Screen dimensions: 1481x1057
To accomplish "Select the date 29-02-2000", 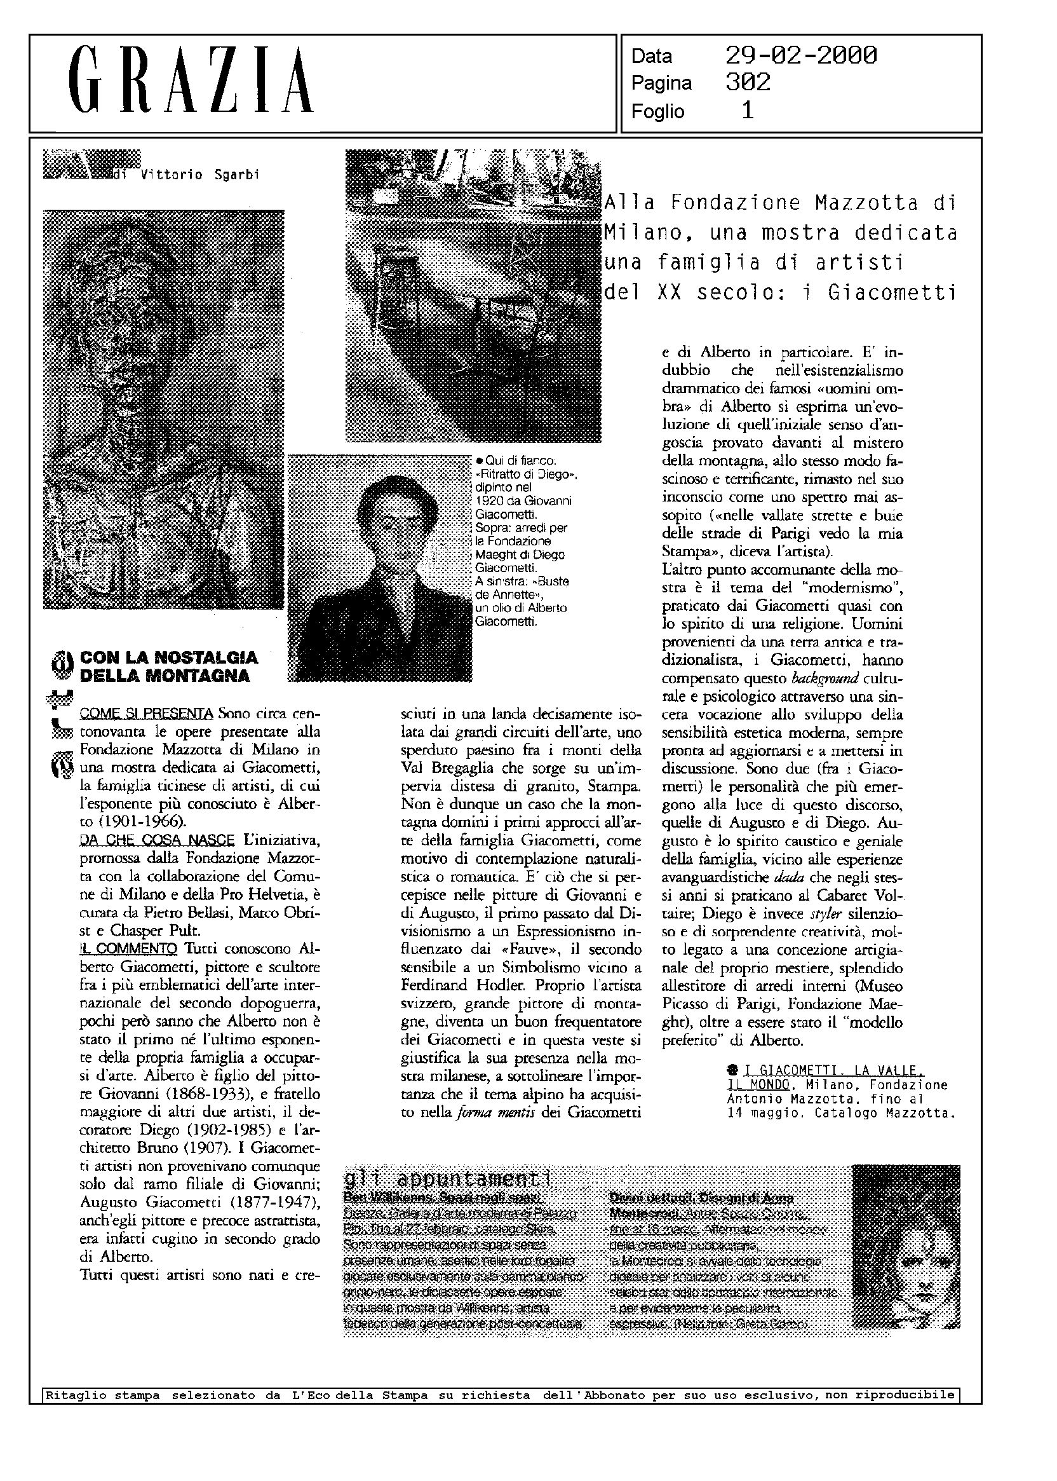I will click(800, 56).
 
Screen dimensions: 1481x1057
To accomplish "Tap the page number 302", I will click(748, 83).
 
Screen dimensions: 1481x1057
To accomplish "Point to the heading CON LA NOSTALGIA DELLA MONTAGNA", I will click(168, 666).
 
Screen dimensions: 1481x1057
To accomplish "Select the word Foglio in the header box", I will click(657, 112).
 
